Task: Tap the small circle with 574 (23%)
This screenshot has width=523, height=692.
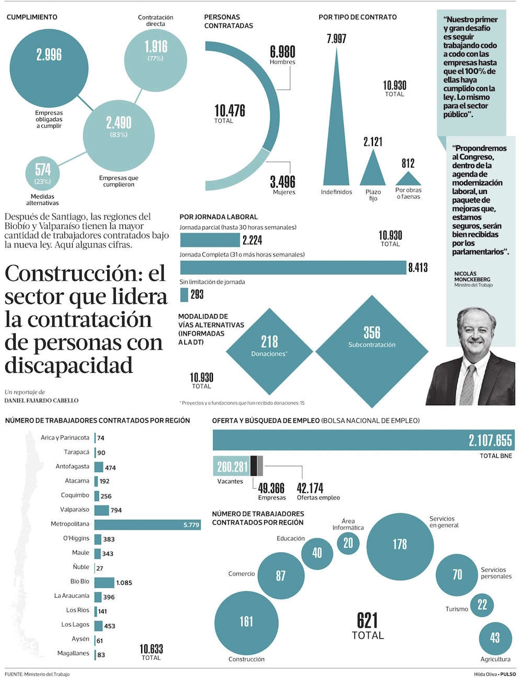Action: tap(42, 174)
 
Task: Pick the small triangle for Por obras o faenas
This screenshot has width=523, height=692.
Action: tap(408, 179)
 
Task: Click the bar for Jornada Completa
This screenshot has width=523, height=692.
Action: tap(293, 268)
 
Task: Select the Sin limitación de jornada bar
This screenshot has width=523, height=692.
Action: tap(184, 295)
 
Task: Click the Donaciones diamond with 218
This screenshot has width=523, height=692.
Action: tap(269, 351)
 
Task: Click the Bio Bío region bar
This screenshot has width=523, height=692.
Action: tap(104, 582)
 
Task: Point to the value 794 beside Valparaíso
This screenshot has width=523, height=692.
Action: tap(116, 510)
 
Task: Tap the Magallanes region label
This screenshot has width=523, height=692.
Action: tap(73, 653)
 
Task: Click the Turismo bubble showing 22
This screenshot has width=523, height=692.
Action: tap(482, 605)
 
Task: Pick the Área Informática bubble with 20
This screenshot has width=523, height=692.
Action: tap(348, 544)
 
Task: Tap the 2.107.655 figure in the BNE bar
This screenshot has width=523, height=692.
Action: tap(490, 441)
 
